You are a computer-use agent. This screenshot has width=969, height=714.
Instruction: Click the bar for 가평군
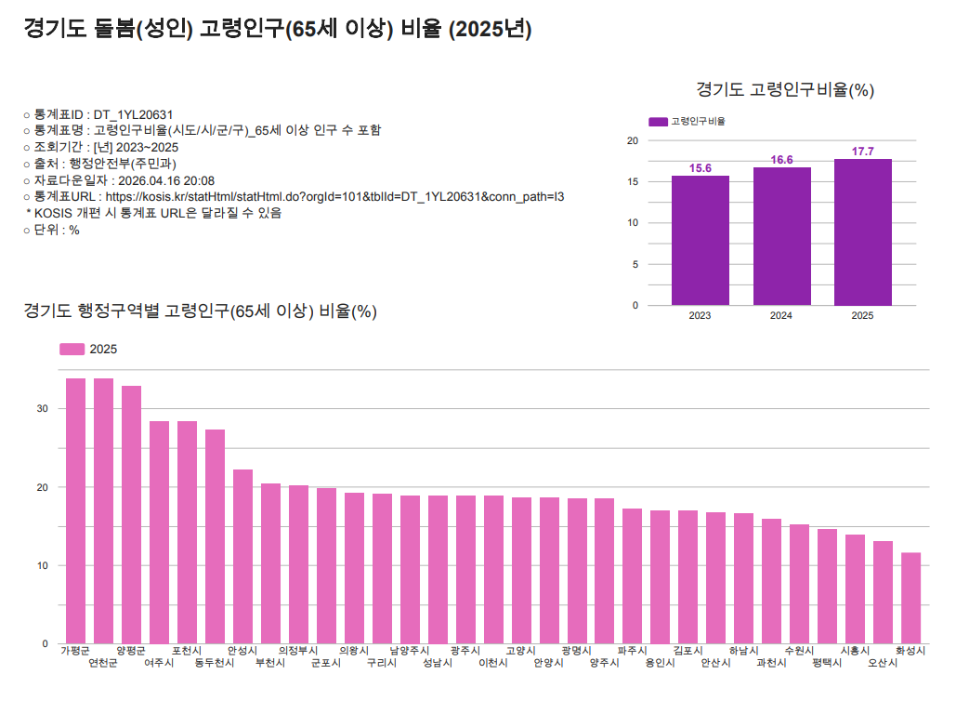point(75,510)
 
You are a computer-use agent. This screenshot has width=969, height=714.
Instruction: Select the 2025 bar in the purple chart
point(862,231)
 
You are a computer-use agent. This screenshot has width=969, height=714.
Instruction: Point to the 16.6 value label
point(781,160)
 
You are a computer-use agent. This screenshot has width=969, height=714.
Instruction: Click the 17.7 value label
point(862,152)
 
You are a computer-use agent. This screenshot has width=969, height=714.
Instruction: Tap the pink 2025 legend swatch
point(72,349)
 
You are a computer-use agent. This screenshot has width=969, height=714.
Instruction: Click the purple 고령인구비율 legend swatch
point(657,122)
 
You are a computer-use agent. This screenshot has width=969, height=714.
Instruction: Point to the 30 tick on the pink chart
point(43,409)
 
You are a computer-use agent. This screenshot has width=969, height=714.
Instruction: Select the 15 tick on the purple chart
point(633,182)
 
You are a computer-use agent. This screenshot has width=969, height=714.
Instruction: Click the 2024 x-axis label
point(781,316)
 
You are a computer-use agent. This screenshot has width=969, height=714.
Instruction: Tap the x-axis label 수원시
point(799,651)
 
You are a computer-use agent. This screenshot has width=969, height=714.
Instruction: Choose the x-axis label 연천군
point(103,664)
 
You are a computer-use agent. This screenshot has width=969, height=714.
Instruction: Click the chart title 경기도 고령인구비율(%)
point(785,90)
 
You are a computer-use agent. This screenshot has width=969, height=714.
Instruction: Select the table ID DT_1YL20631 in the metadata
point(133,114)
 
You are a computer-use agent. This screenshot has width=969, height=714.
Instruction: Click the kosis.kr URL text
point(334,197)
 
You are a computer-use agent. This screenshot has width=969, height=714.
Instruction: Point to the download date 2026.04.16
point(150,180)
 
